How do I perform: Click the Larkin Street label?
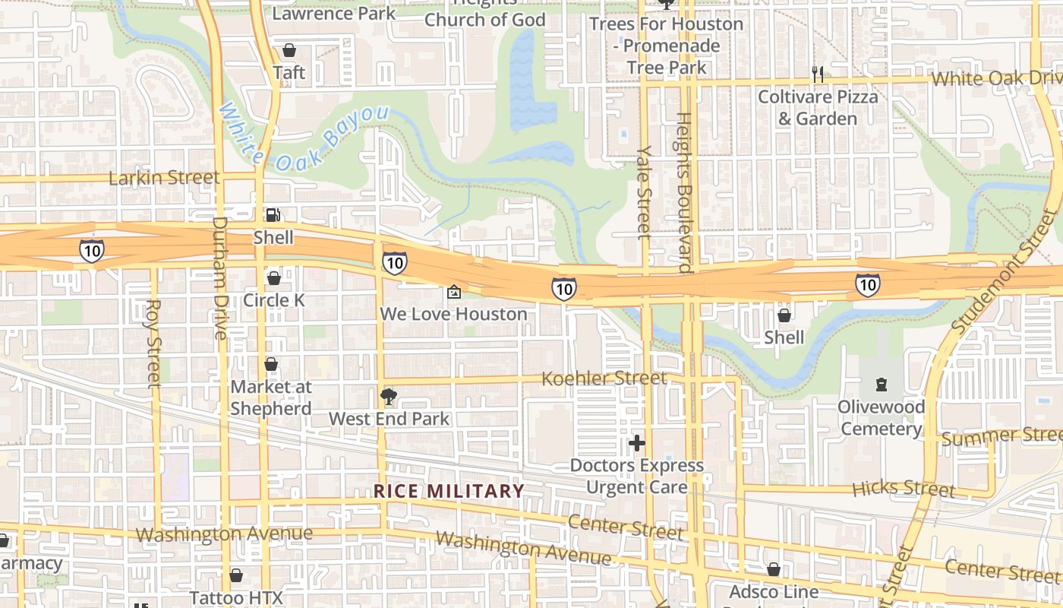coord(164,178)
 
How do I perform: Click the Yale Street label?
coord(644,192)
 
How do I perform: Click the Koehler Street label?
coord(604,378)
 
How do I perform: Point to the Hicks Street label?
coord(904,487)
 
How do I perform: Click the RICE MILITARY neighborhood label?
coord(449,491)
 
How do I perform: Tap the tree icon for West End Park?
coord(388,396)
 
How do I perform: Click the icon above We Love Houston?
coord(453,292)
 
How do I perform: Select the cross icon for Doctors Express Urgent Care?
coord(636,442)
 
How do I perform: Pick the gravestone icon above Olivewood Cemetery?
coord(881,385)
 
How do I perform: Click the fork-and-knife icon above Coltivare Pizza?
coord(817,74)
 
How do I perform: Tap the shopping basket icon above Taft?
coord(289,51)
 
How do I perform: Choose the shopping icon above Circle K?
coord(273,278)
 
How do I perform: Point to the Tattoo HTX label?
coord(235,597)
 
